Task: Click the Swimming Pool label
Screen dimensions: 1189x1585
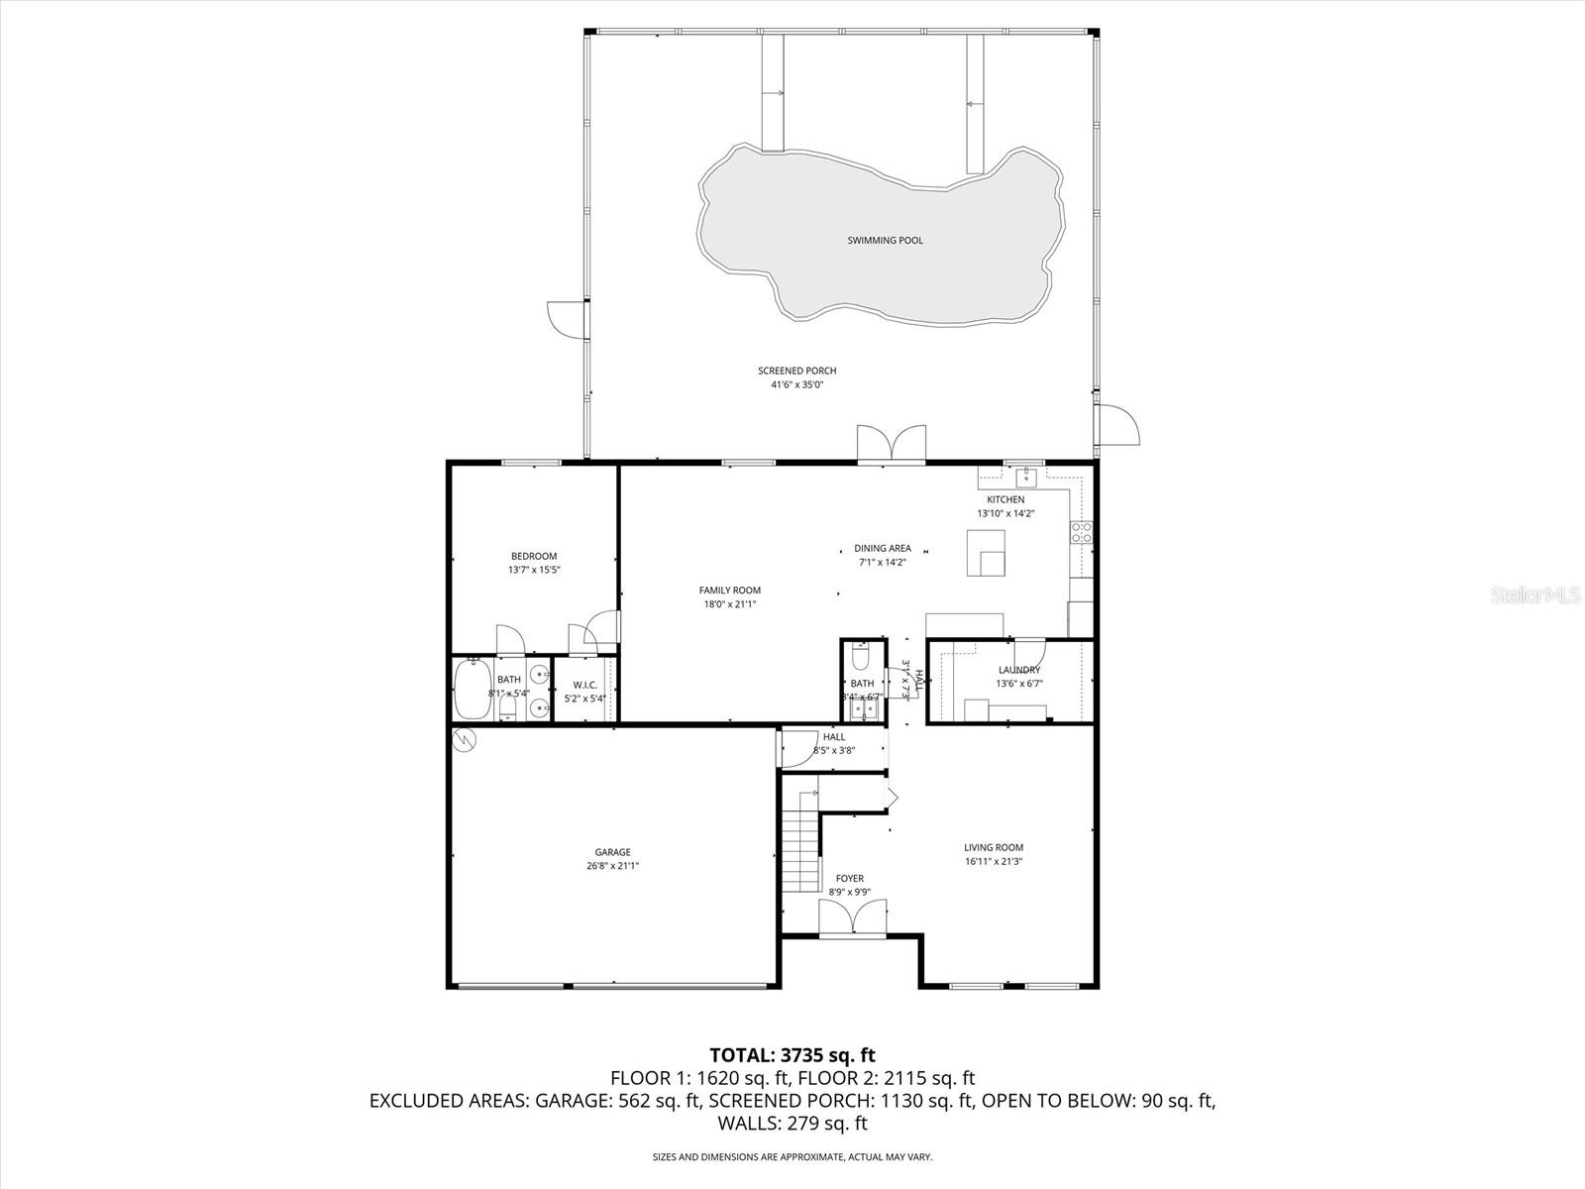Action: tap(885, 241)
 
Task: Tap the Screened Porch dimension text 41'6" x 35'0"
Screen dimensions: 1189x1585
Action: tap(796, 384)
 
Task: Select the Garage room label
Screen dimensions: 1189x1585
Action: tap(612, 852)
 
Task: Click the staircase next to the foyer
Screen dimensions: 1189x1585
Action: tap(799, 851)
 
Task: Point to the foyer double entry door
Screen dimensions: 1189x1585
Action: tap(852, 918)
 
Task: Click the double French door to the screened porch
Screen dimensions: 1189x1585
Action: tap(892, 444)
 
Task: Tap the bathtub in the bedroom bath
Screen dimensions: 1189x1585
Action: tap(472, 690)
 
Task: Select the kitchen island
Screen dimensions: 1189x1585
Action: tap(986, 552)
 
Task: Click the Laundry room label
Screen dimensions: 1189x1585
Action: tap(1018, 670)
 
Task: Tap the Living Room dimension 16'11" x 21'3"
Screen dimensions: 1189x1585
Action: tap(994, 861)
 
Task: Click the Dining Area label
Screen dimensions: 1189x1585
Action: tap(882, 548)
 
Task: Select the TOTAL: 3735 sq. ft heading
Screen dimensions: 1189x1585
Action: tap(792, 1054)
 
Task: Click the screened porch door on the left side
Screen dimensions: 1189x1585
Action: tap(565, 320)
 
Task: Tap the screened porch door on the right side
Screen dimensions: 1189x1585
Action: tap(1119, 424)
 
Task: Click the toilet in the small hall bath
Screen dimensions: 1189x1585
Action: tap(860, 657)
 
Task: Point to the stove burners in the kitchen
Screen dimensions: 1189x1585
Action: tap(1081, 532)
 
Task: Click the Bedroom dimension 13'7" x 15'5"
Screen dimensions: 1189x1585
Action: tap(534, 570)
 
